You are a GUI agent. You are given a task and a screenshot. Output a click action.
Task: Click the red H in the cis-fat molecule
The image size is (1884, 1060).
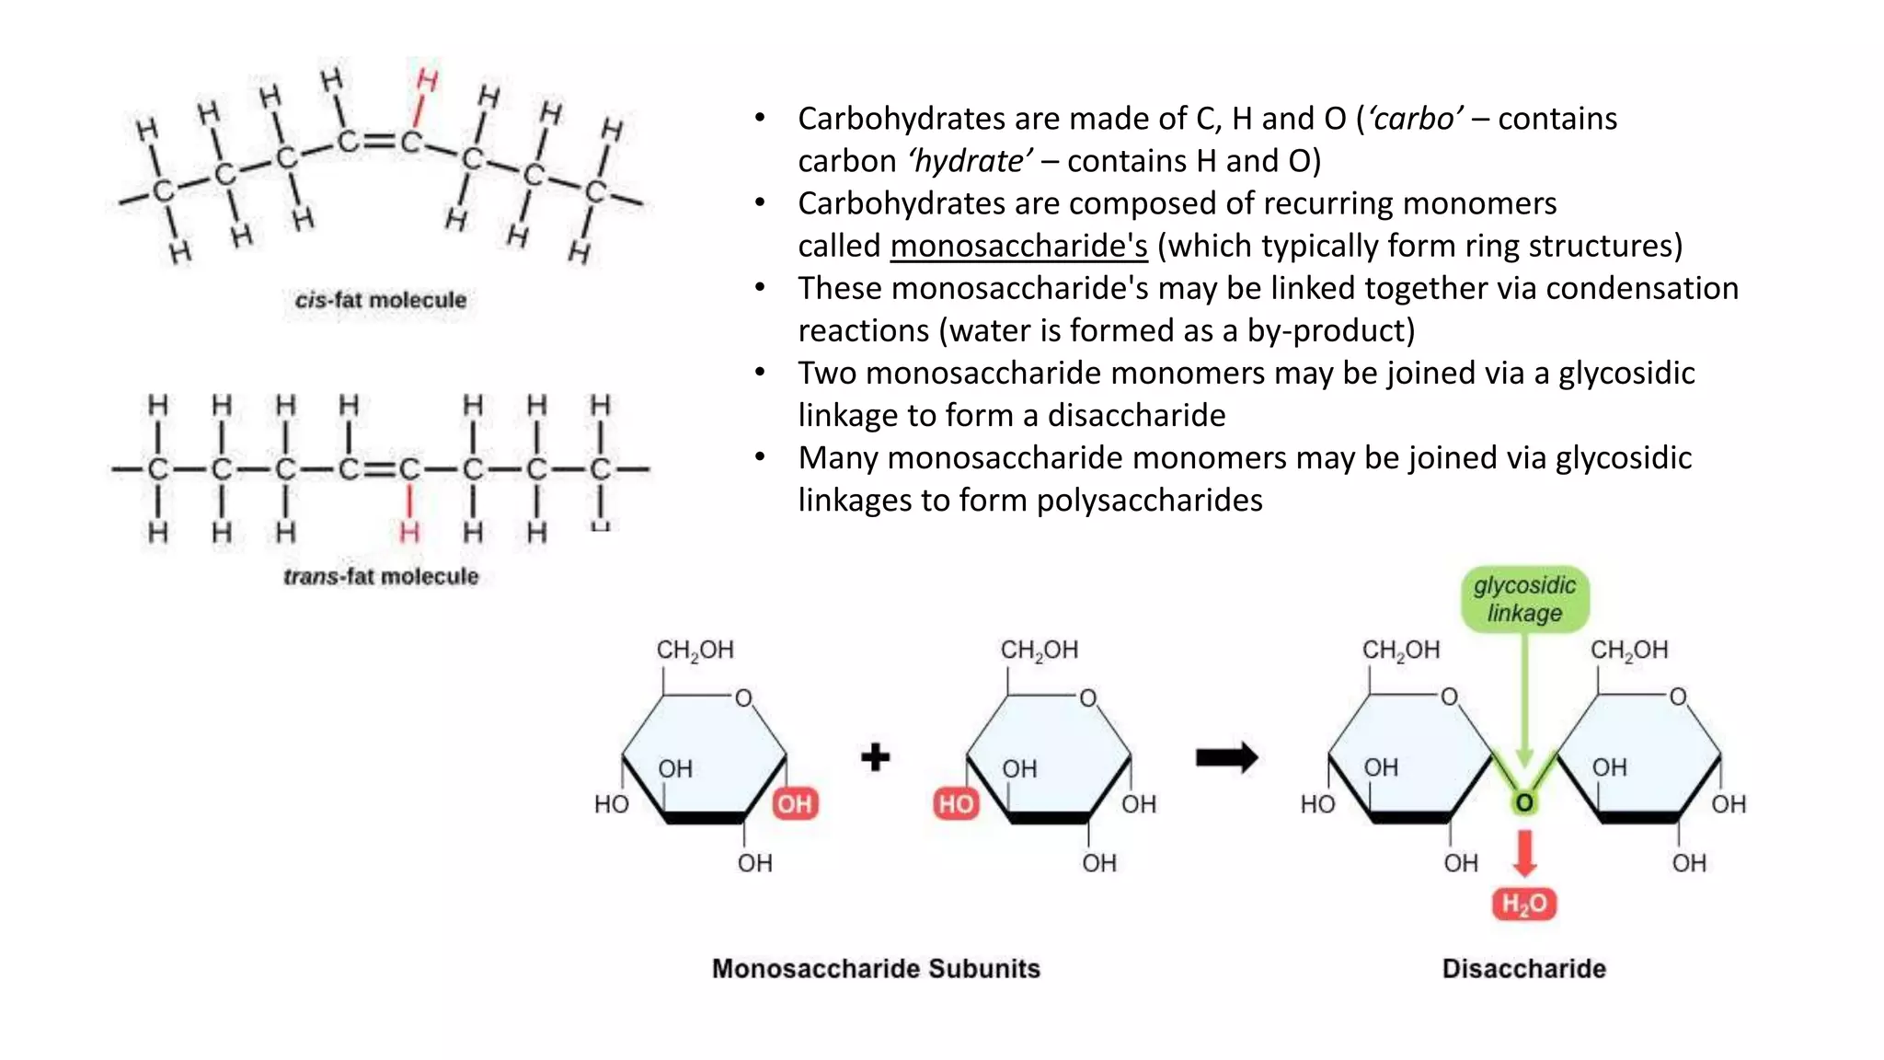427,80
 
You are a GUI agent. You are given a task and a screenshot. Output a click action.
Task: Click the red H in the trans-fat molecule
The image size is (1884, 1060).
409,532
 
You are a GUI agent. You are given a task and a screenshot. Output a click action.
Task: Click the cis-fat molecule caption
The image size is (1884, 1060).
380,300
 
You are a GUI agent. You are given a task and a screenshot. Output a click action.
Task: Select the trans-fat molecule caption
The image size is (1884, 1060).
380,576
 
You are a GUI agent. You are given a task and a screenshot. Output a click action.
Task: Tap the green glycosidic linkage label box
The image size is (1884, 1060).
1524,599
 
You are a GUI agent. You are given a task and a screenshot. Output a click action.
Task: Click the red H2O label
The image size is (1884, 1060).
1523,904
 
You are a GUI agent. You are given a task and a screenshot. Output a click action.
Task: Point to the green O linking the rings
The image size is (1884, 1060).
1524,802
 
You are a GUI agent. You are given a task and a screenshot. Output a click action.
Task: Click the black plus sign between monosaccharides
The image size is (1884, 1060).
875,757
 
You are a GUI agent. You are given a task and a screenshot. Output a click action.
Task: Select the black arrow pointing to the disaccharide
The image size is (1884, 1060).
1226,757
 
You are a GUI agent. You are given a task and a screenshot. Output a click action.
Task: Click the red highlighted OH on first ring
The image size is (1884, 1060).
795,804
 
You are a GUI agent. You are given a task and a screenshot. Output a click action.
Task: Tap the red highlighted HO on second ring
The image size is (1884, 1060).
955,804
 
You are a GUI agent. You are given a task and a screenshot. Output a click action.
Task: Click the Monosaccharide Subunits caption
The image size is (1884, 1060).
876,968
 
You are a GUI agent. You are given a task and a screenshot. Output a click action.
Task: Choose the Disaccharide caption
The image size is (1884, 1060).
1523,968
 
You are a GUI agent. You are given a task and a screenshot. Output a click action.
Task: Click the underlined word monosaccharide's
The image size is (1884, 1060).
1018,246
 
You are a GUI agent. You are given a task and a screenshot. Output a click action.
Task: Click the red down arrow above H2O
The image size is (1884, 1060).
1524,853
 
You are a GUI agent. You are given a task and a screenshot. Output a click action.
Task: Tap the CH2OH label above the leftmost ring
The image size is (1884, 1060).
695,651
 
